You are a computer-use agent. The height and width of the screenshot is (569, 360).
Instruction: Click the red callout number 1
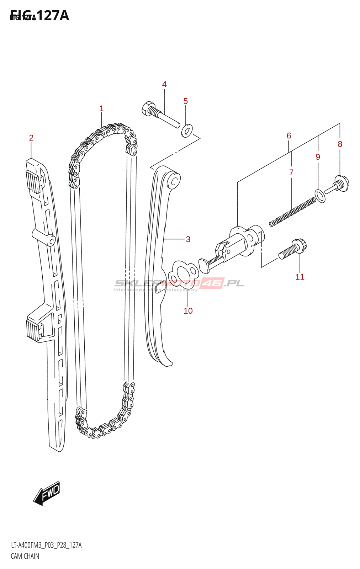101,108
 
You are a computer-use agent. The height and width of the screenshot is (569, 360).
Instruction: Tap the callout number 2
31,138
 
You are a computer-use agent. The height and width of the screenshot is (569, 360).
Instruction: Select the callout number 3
188,239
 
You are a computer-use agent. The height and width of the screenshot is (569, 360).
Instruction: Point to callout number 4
164,85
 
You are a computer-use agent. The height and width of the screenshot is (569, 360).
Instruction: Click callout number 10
188,311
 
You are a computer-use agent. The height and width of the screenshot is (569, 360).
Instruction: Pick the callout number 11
300,277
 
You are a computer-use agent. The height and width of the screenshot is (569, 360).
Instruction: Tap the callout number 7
291,173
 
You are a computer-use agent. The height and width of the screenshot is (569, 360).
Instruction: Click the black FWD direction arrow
47,493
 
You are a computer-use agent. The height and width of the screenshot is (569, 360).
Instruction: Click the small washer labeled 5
186,131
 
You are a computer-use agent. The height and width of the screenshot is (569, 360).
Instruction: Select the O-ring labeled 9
320,196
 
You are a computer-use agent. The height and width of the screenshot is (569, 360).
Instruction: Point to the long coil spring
292,213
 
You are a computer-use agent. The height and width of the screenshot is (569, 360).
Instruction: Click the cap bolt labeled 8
341,184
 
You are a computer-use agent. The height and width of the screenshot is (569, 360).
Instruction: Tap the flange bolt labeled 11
292,249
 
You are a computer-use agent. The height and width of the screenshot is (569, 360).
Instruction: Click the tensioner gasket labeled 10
183,273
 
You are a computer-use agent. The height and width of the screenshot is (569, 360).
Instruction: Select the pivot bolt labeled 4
159,113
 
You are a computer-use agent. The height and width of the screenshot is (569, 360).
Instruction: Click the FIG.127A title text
39,16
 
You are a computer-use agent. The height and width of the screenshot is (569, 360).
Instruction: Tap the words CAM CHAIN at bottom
25,556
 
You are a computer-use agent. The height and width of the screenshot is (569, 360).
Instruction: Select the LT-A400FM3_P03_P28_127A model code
46,545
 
